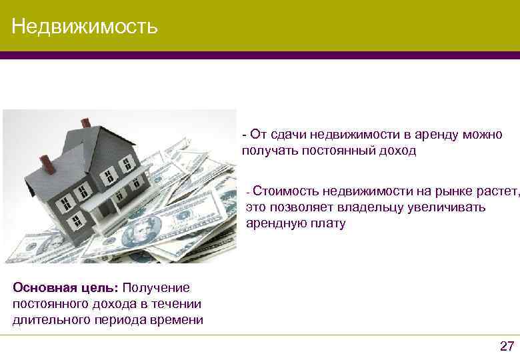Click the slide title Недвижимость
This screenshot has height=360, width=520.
(x=85, y=26)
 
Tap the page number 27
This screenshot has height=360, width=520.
(x=507, y=345)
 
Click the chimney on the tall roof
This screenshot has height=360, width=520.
(x=85, y=123)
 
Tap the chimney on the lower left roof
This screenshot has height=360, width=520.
(x=45, y=161)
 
